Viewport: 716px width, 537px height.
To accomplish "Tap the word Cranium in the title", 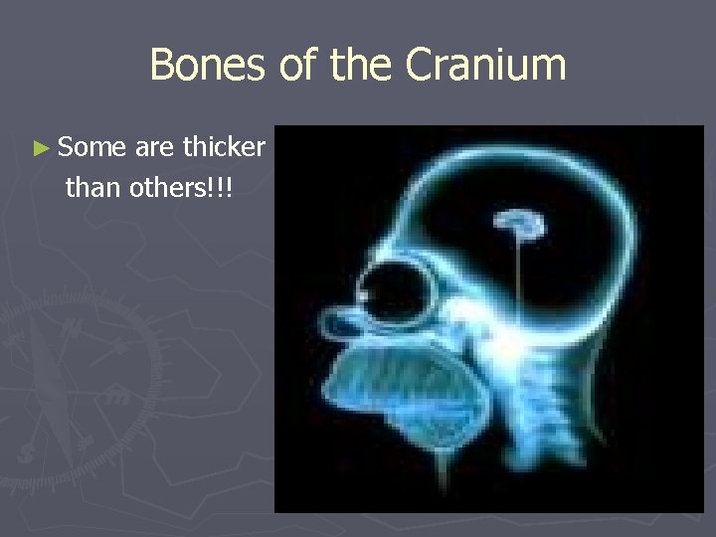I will click(x=486, y=66).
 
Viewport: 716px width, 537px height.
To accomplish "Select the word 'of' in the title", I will click(x=295, y=66).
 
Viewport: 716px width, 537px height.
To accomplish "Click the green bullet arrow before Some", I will click(x=40, y=149).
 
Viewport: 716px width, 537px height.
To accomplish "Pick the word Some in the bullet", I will click(x=91, y=148).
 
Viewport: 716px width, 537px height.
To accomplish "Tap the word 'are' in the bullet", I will click(x=154, y=148).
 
